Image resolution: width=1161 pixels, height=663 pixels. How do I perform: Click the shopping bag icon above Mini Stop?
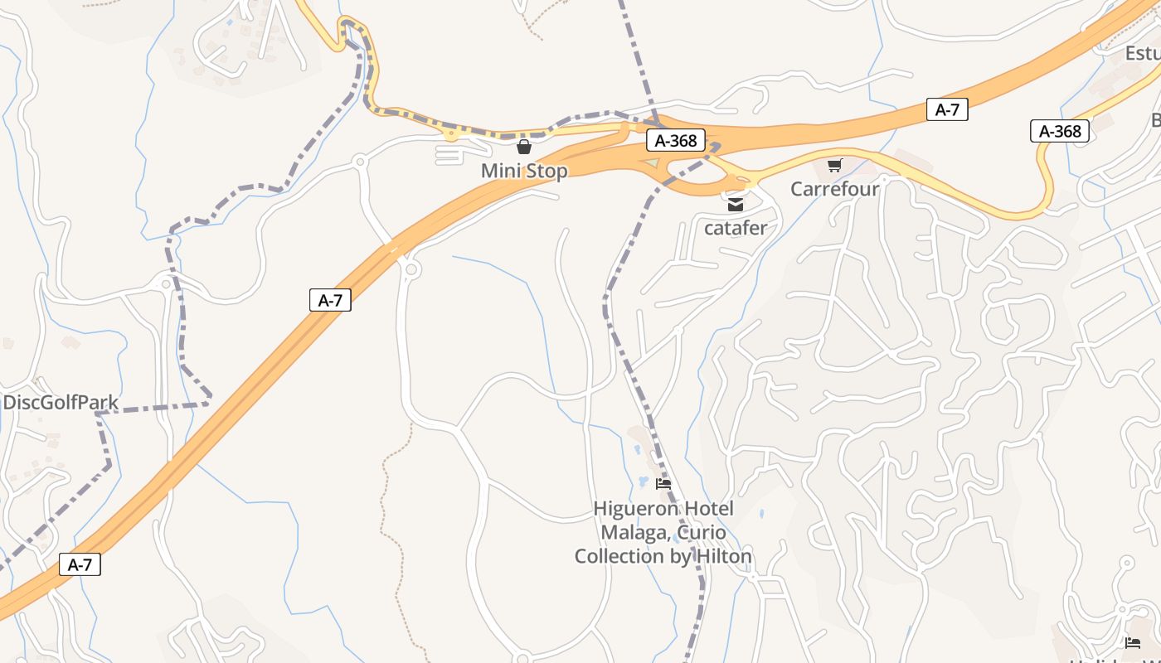[524, 148]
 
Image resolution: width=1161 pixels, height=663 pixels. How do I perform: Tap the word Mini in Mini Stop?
[501, 172]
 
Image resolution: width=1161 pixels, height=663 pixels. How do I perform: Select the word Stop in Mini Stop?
[546, 172]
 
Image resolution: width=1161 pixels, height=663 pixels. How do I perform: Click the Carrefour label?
[834, 189]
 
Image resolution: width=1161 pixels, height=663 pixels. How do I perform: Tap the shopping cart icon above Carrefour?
[834, 166]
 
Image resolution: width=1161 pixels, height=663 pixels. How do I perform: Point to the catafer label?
[736, 227]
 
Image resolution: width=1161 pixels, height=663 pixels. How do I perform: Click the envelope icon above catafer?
[736, 204]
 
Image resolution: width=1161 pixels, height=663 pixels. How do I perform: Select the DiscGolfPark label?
[61, 403]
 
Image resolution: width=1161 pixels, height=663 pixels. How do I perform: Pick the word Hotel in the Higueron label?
[707, 509]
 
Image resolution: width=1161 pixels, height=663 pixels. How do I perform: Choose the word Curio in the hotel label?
[703, 532]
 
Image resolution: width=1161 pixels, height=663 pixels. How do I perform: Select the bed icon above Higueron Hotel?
[663, 484]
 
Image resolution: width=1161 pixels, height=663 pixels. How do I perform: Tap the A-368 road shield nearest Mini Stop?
[676, 141]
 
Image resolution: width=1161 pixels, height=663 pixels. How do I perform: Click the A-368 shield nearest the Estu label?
[1060, 131]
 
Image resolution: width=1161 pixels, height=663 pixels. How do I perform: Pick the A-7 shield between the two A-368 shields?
[947, 109]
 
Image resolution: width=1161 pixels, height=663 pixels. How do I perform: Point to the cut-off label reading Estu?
[1143, 54]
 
